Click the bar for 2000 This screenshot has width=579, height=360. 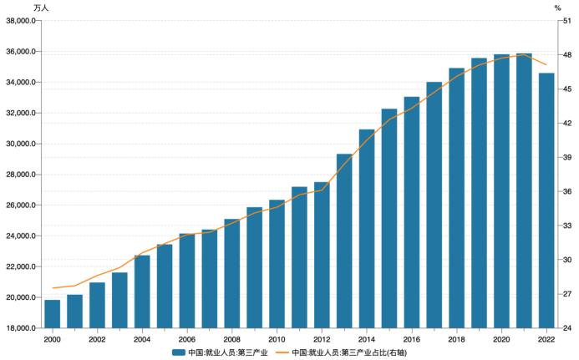coord(53,314)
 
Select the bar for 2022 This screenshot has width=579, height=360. coord(546,200)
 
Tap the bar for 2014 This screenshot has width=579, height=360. coord(367,229)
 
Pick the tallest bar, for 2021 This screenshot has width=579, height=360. coord(524,190)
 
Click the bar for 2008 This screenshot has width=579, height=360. coord(232,273)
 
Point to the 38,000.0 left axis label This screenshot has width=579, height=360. coord(21,21)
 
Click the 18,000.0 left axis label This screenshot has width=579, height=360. coord(21,328)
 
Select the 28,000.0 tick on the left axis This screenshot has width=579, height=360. coord(21,175)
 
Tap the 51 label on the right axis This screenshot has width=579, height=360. coord(566,21)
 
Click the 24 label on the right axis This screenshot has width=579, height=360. coord(566,328)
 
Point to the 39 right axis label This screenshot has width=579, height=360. coord(566,157)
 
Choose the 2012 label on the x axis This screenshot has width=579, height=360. coord(322,339)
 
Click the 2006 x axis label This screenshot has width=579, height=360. coord(187,339)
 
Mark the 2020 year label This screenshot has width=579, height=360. coord(501,339)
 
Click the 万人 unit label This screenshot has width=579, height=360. coord(41,8)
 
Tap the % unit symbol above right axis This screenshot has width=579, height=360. coord(557,8)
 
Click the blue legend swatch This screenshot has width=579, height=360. coord(179,352)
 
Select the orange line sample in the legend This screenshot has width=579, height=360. coord(282,352)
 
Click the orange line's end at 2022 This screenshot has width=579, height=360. coord(546,65)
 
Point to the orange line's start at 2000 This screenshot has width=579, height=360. coord(53,288)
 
